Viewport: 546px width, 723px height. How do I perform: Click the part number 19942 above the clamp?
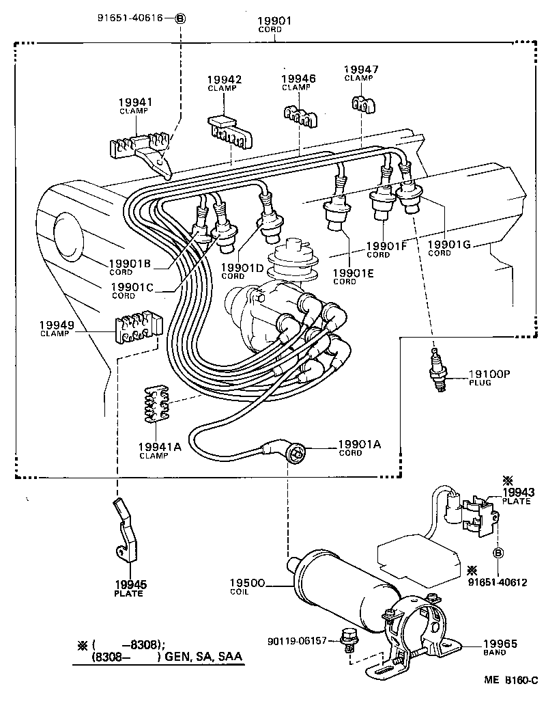click(224, 80)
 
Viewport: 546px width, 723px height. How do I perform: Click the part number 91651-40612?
click(498, 582)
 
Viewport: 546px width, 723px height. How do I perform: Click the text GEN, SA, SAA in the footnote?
click(204, 657)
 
